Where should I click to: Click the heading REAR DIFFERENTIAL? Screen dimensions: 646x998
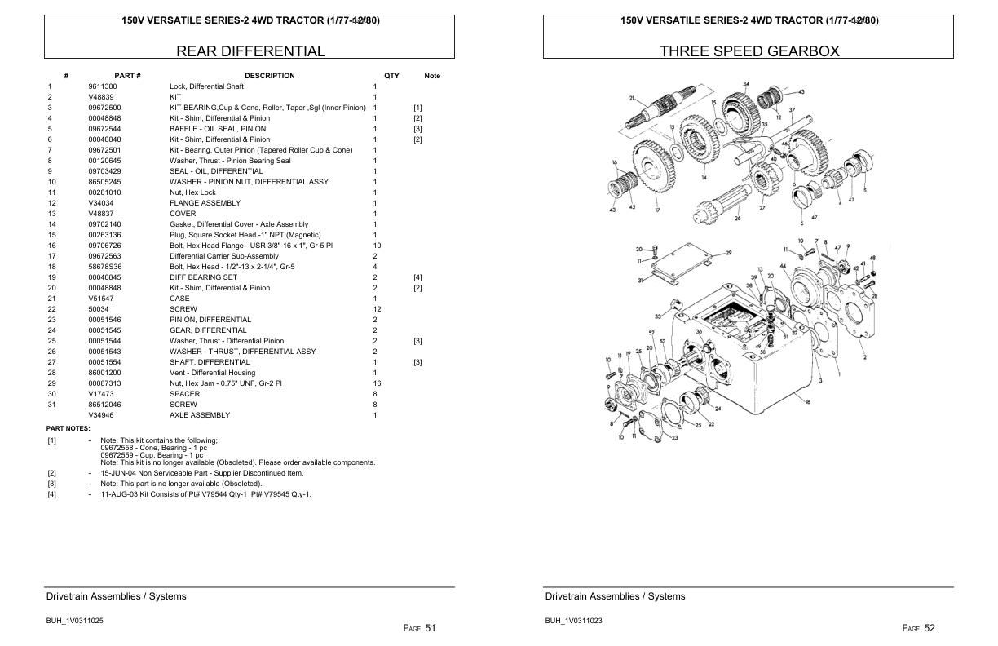(x=250, y=51)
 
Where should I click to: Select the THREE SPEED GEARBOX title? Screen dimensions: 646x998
(x=748, y=51)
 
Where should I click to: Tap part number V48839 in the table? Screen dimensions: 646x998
(x=100, y=97)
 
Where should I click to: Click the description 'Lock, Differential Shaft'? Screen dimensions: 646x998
(x=206, y=86)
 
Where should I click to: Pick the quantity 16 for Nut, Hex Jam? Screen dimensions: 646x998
(x=376, y=383)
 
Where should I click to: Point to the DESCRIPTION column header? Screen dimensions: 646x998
(x=269, y=76)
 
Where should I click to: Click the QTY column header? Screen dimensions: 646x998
(x=391, y=76)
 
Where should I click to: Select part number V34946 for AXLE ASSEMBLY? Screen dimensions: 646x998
(x=101, y=415)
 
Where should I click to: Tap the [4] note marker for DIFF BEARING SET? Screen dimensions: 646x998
(x=417, y=277)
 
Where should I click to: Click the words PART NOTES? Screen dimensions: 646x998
(x=68, y=428)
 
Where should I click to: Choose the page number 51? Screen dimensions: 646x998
(x=430, y=628)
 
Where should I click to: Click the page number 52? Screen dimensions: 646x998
(x=929, y=628)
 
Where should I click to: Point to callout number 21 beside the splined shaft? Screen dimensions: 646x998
(x=632, y=98)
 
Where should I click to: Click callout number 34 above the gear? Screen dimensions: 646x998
(x=745, y=84)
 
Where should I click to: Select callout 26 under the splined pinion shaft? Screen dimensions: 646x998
(x=737, y=218)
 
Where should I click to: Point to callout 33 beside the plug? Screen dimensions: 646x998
(x=657, y=316)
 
